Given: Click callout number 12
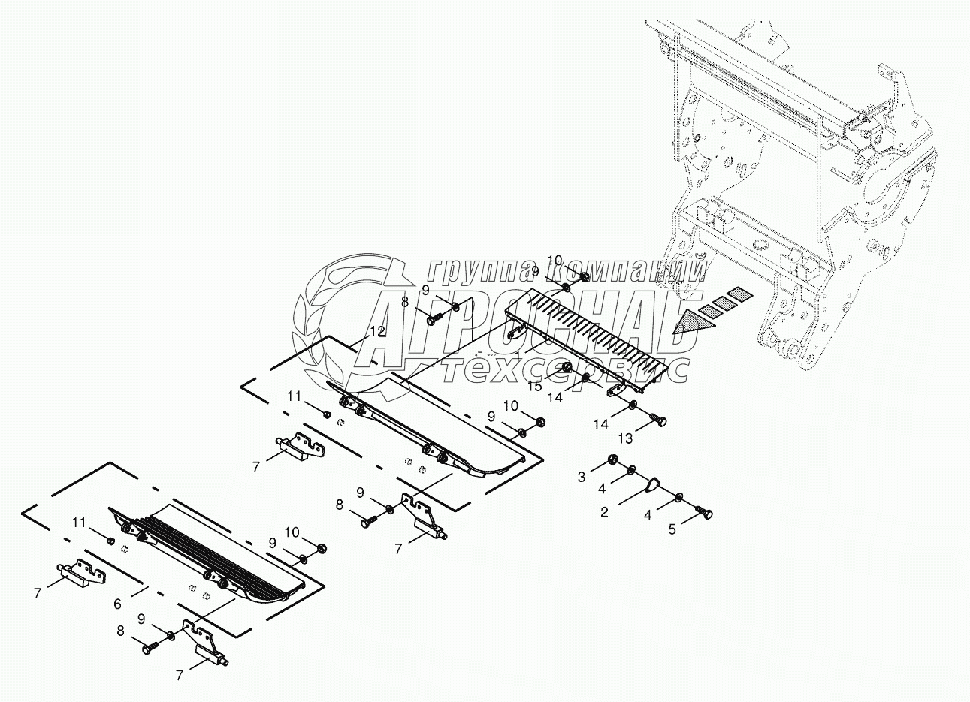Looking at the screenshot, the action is [x=378, y=330].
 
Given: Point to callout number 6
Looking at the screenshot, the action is [x=117, y=603].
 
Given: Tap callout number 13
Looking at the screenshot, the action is [x=624, y=438].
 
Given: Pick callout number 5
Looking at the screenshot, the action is [x=672, y=529].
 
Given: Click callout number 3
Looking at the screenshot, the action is [x=581, y=476].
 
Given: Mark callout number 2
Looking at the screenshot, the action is [x=603, y=514].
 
